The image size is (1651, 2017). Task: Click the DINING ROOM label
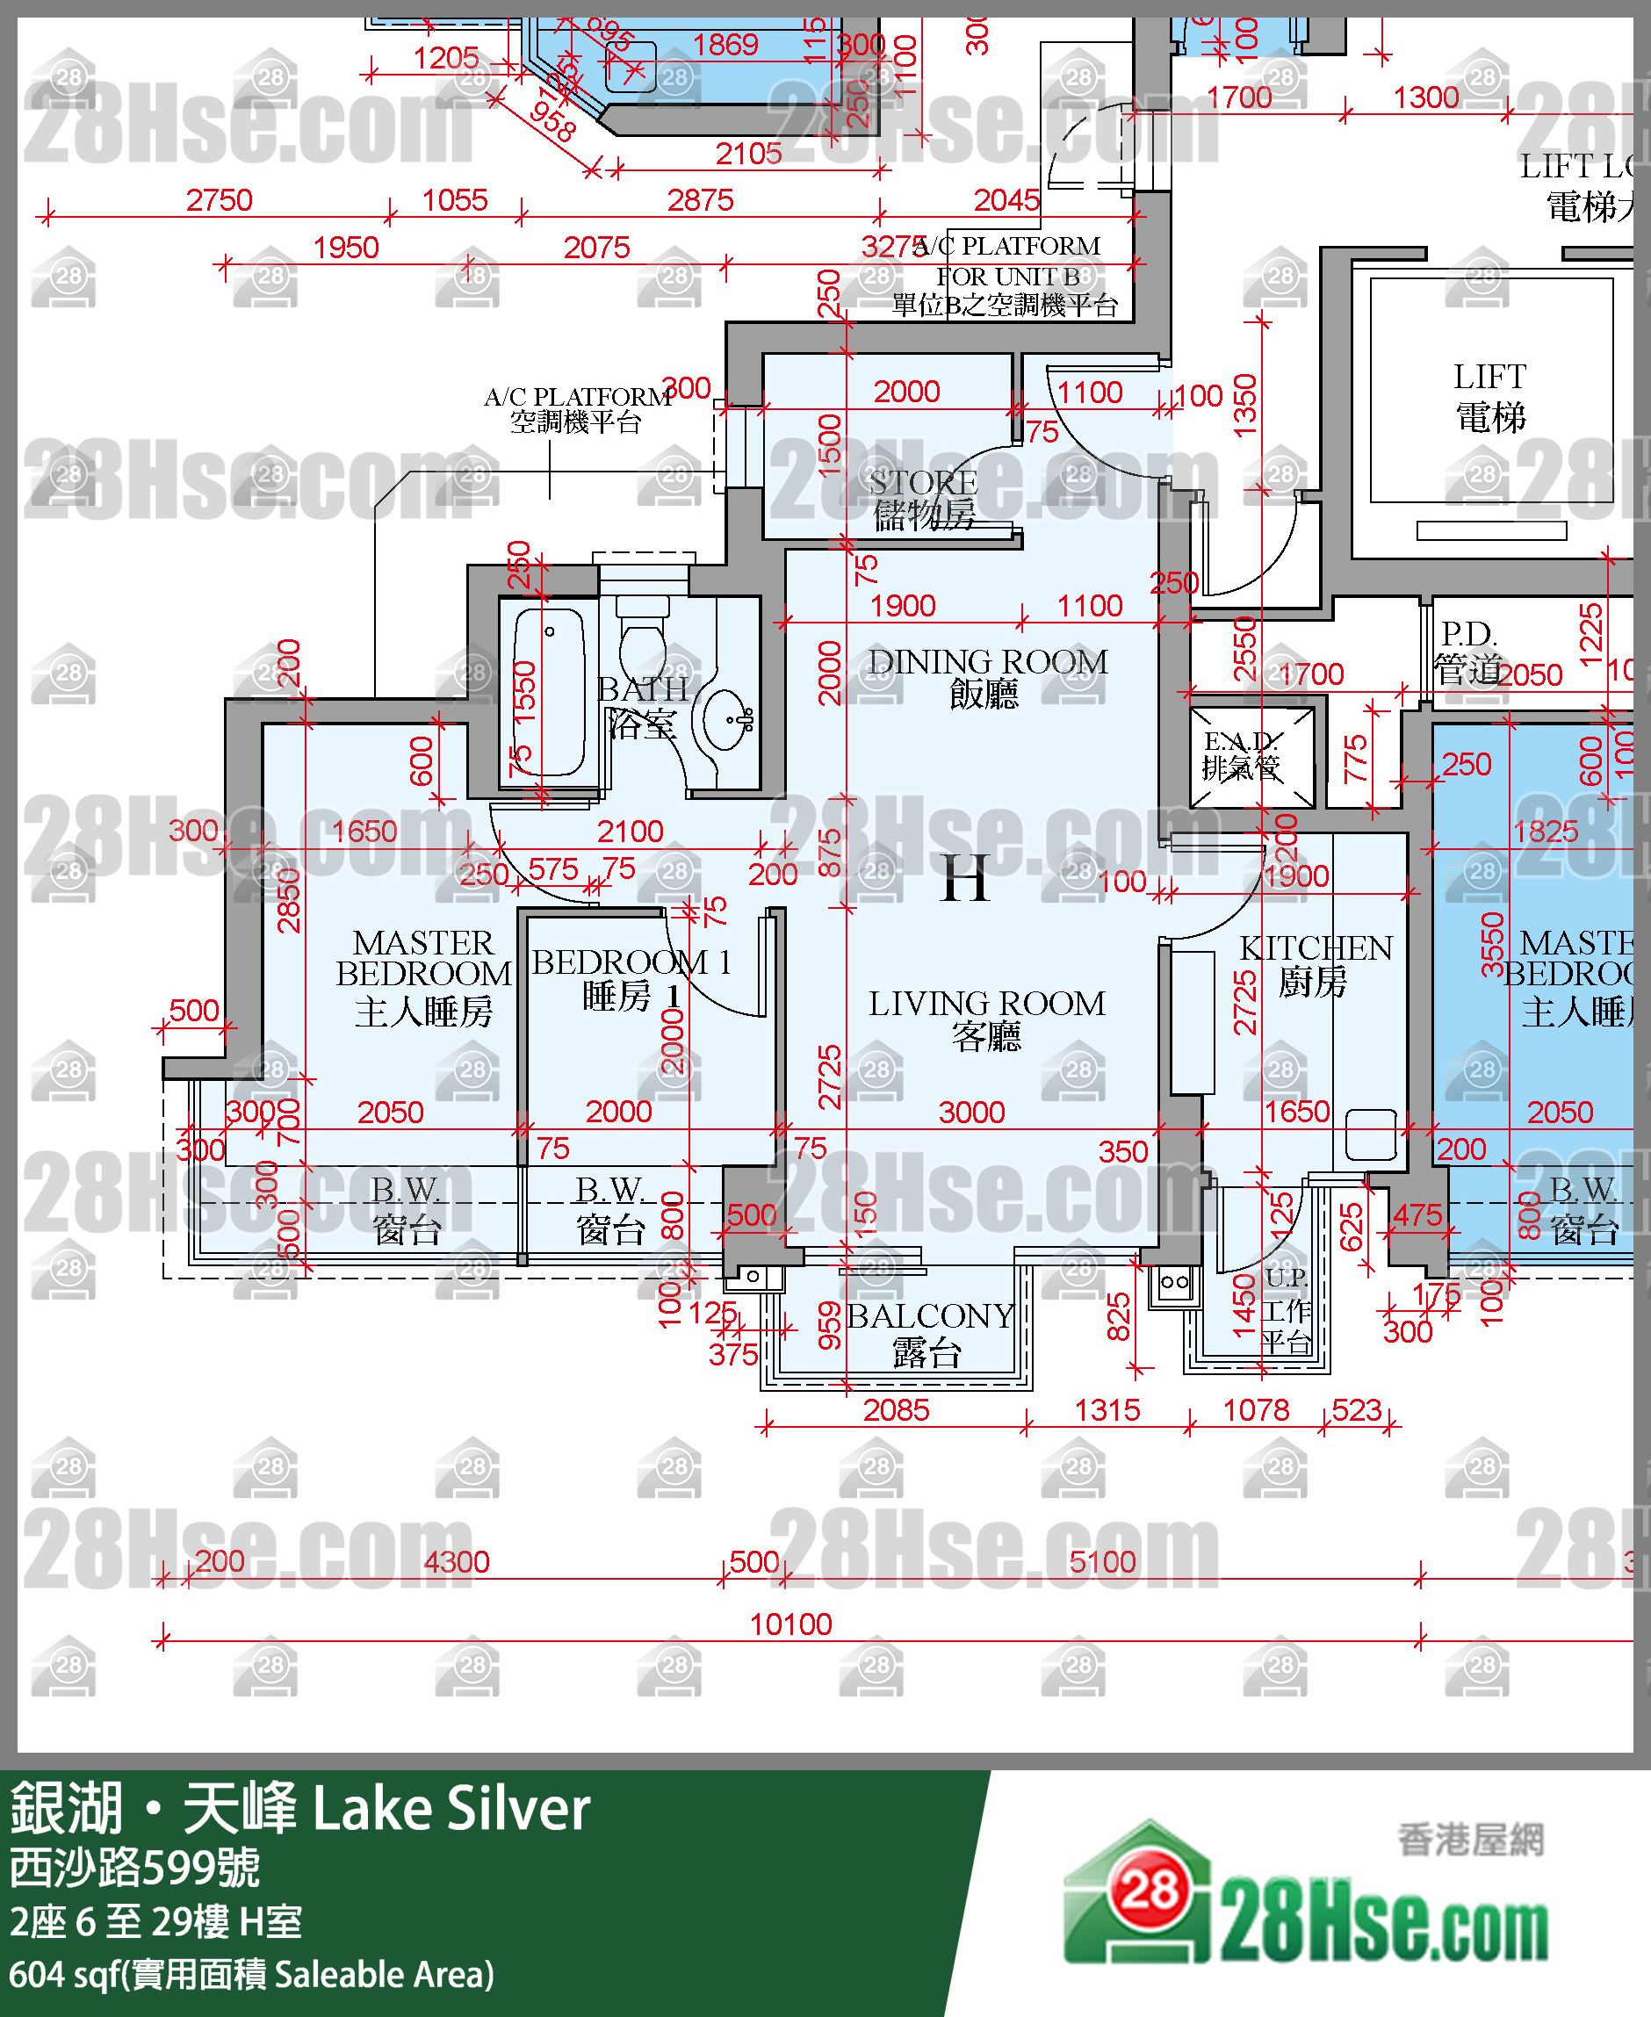point(986,676)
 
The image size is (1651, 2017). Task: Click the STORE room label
point(922,497)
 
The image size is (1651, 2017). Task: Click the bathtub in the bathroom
point(549,691)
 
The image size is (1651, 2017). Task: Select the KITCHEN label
point(1316,962)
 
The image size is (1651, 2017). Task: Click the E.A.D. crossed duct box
point(1251,755)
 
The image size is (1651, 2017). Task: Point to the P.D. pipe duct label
point(1468,652)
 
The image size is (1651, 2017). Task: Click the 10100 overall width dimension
point(790,1624)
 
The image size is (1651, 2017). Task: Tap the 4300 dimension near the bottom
point(457,1561)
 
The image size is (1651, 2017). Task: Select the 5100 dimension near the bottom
point(1102,1561)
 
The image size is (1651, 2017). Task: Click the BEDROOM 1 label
point(631,977)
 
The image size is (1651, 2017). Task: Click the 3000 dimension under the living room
point(971,1112)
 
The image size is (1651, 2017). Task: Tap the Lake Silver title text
point(451,1809)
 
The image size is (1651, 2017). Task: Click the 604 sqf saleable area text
point(252,1974)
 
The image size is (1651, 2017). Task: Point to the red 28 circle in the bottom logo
point(1149,1888)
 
